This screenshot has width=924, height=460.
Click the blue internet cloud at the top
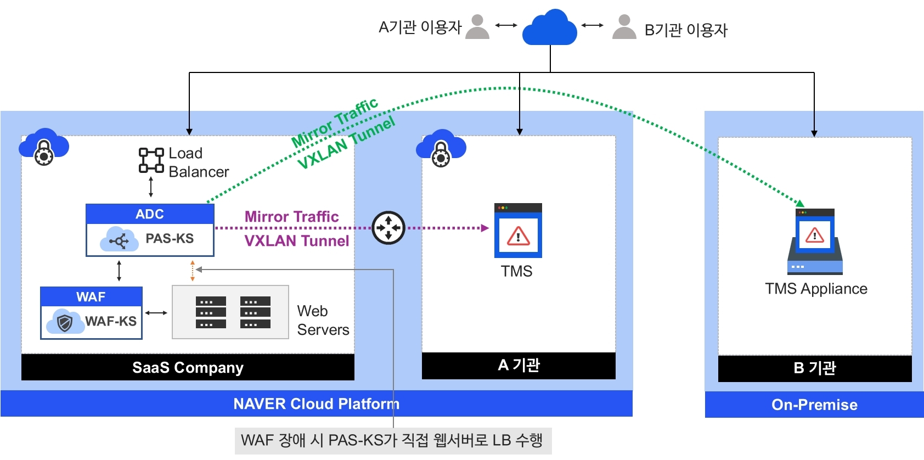pos(550,29)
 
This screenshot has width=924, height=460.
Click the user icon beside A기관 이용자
pos(477,27)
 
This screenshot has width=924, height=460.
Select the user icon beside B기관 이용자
pos(624,27)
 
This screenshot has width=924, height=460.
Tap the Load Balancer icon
pos(151,160)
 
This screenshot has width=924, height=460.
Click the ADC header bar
pos(150,214)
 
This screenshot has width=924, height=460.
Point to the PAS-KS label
pos(170,239)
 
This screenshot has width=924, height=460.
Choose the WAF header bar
pos(91,297)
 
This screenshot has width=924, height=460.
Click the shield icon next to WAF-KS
pos(65,322)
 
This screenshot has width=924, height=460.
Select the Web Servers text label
pos(323,321)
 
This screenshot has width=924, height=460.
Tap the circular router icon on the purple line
pos(388,228)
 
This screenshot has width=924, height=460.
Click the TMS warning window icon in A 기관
pos(518,231)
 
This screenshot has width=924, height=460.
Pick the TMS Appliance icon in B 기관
pos(815,242)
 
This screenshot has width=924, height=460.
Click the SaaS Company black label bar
pos(188,367)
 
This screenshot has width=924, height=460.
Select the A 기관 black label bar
pos(519,366)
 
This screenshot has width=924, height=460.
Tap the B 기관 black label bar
pos(815,368)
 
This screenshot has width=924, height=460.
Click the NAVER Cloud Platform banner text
pos(316,404)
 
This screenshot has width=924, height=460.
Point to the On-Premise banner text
pos(814,405)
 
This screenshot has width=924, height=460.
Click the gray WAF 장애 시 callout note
pos(392,441)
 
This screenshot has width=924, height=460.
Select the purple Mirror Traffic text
pos(291,217)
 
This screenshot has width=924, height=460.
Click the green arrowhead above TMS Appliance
pos(800,204)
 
